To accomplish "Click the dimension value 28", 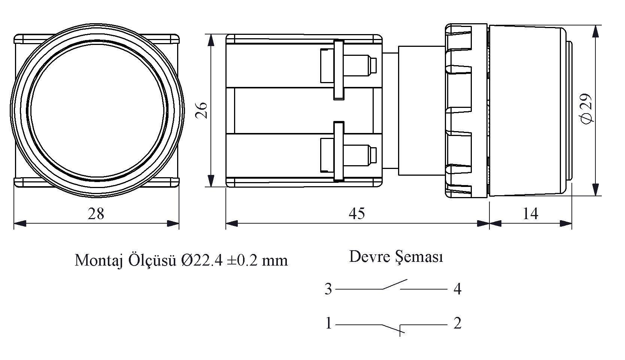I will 96,214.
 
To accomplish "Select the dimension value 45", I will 357,214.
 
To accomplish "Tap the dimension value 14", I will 530,214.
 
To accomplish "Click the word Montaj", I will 99,261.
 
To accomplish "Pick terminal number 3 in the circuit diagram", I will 328,289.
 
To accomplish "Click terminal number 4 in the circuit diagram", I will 457,289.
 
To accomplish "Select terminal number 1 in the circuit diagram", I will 328,323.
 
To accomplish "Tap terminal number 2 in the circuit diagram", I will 457,323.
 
